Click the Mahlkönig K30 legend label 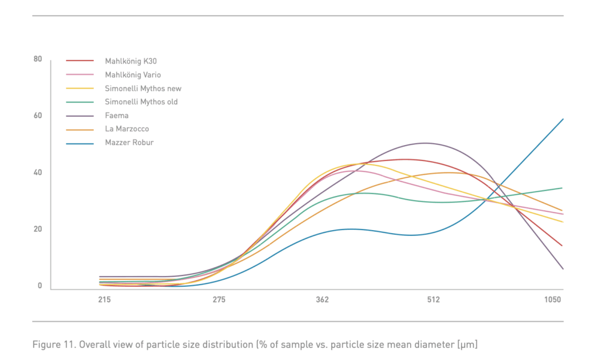click(131, 60)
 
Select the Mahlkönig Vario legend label click(132, 74)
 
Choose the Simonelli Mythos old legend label click(141, 102)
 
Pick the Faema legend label click(117, 116)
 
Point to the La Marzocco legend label click(126, 129)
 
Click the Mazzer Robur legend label click(129, 143)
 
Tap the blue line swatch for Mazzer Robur click(80, 143)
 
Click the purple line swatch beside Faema click(80, 116)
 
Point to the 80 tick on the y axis click(38, 59)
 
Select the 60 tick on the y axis click(38, 116)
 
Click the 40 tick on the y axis click(38, 173)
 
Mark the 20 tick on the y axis click(38, 229)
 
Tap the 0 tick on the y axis click(40, 286)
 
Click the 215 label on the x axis click(104, 300)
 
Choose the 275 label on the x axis click(219, 300)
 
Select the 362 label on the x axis click(322, 300)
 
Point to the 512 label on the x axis click(433, 300)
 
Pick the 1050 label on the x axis click(554, 300)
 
